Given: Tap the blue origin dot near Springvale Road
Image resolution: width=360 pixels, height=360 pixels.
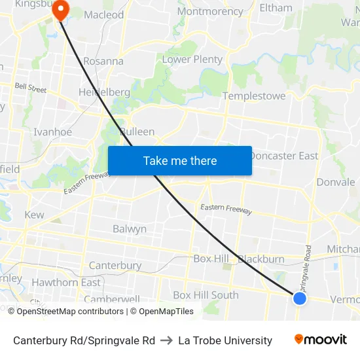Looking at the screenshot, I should [300, 298].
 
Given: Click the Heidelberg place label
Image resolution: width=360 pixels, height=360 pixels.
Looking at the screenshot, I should [104, 92].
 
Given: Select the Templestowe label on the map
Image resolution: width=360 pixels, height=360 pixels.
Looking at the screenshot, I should [254, 96].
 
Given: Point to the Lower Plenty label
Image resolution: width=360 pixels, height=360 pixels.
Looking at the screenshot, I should [192, 60].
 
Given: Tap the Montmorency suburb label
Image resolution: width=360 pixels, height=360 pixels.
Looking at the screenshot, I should [210, 12].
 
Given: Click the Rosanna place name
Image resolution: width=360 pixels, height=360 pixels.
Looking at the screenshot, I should [103, 61].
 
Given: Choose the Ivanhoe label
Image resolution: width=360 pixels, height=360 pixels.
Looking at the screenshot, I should [53, 132].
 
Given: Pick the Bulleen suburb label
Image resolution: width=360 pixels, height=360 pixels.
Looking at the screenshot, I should [137, 132].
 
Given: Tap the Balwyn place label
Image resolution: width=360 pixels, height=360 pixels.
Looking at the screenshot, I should [130, 229].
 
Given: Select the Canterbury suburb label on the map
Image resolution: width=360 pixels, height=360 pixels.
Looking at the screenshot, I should [115, 265].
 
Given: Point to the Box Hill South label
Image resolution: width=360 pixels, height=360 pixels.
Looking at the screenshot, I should [206, 295].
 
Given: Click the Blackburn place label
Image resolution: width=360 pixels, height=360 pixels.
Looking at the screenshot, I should [262, 259].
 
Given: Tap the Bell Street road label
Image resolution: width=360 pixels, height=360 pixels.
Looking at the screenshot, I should [31, 88].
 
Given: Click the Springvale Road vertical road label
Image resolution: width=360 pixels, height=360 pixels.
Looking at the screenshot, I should [306, 268].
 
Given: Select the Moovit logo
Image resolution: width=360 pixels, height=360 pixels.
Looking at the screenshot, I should [320, 340].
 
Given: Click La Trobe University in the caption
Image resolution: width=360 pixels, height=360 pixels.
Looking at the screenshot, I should [225, 340].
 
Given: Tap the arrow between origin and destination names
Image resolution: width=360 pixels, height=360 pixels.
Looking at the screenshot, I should [166, 340].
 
